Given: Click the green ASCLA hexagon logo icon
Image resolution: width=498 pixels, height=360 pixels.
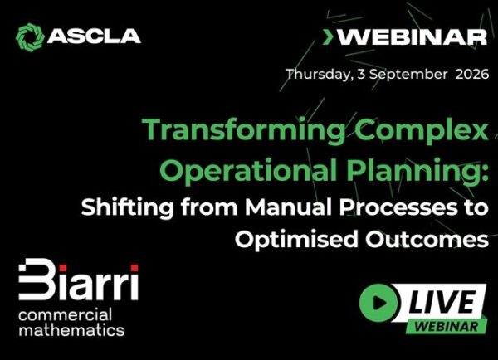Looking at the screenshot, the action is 30,37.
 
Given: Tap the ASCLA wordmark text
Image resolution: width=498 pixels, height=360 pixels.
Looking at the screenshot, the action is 94,36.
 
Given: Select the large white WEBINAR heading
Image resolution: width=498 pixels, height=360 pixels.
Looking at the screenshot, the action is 412,37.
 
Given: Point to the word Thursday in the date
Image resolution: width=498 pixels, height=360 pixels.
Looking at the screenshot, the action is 319,75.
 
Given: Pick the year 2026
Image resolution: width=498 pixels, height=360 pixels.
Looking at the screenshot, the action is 472,75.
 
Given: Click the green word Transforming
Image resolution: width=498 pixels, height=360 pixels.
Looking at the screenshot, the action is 243,130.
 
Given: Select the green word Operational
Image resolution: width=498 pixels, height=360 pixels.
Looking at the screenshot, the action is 250,169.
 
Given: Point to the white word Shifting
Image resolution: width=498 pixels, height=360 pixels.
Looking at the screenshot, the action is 127,207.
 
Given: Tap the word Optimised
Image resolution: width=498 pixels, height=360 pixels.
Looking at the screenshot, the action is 296,240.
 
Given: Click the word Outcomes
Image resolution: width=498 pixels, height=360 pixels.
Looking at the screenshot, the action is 427,240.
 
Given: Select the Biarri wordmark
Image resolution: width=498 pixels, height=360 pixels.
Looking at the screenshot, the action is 79,280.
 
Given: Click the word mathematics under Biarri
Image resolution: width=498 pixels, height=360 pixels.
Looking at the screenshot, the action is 71,330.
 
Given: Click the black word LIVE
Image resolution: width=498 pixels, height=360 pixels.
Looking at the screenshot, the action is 442,302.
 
